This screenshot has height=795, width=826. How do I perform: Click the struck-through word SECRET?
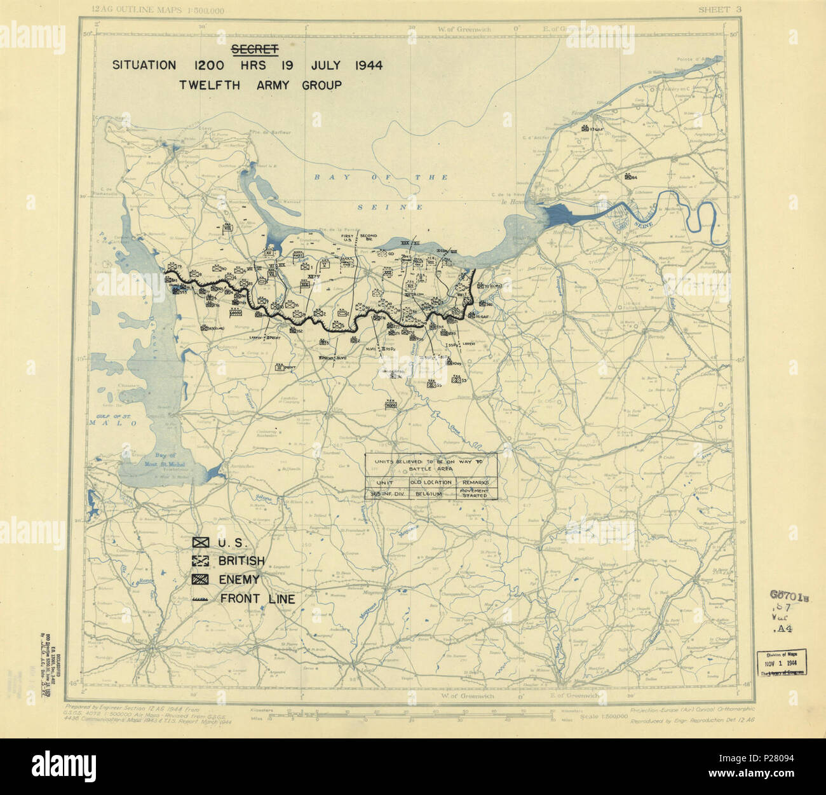coord(250,49)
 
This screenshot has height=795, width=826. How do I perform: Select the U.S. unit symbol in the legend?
coord(201,543)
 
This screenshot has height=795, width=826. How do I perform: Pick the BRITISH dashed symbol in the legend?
coord(201,561)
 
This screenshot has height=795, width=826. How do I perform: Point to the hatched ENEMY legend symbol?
coord(201,580)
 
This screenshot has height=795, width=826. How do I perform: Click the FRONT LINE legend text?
coord(257,598)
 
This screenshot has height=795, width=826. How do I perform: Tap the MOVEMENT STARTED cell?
coord(475,493)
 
